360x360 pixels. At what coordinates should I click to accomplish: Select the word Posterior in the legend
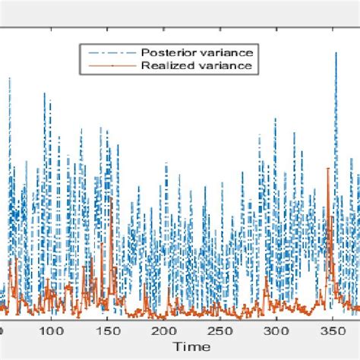point(163,52)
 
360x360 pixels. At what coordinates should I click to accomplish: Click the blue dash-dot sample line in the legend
point(109,52)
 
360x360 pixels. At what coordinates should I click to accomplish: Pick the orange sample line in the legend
point(109,66)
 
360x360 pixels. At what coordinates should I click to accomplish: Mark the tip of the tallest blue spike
point(335,52)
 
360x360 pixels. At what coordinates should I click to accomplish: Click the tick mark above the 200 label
point(164,318)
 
